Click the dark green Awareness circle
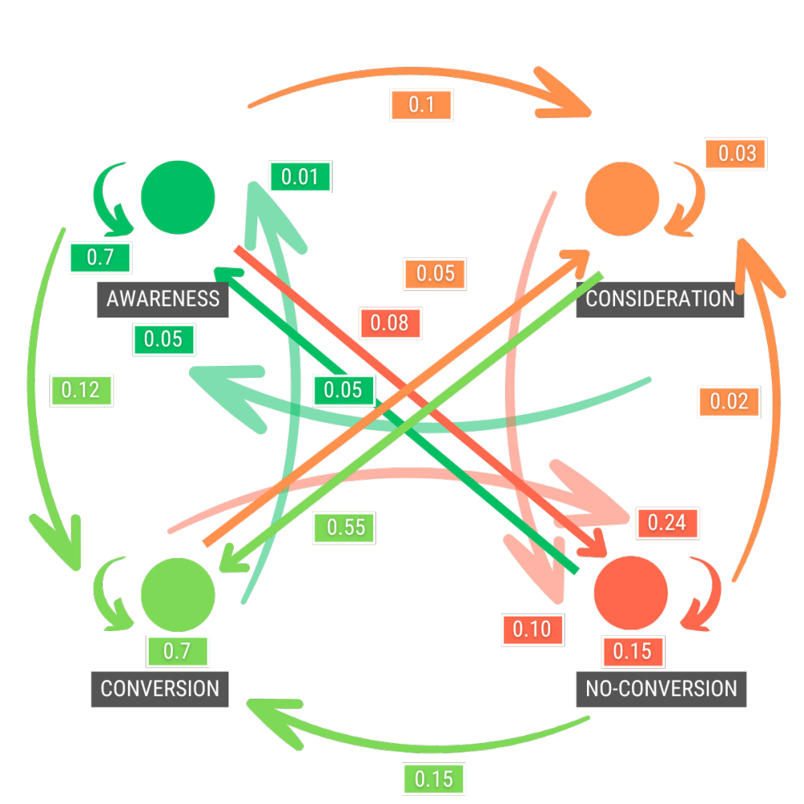pos(178,196)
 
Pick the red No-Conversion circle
pos(630,593)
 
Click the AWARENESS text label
pos(163,299)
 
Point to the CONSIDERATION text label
pos(660,299)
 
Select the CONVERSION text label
pos(160,689)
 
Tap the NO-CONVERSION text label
pos(661,689)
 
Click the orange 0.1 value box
pos(421,105)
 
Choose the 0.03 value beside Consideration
pos(736,154)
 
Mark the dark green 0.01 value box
pos(300,176)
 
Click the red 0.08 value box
pos(389,324)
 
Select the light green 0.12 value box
pos(81,391)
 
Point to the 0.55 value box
pos(346,527)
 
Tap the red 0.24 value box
pos(667,523)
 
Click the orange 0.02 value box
pos(729,401)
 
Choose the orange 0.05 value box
pos(435,273)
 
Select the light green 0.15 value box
pos(434,778)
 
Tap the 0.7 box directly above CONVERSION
pos(177,651)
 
